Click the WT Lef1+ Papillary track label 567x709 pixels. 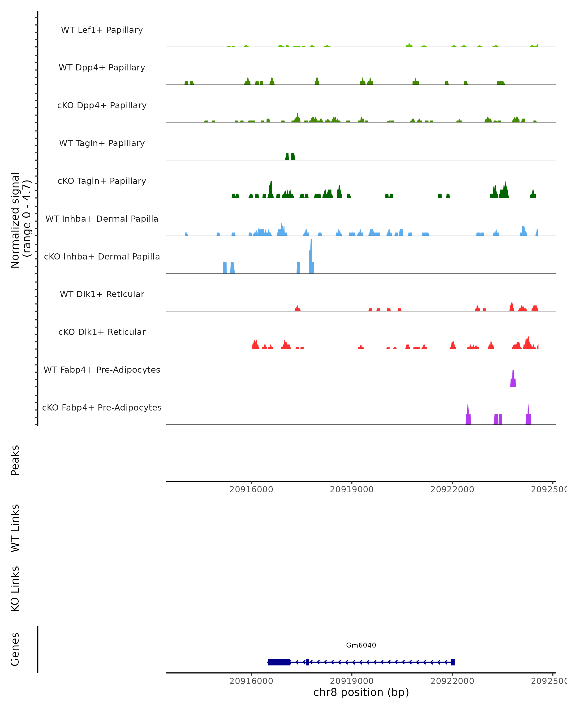102,30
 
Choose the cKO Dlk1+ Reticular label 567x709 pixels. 102,332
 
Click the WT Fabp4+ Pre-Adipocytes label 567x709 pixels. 102,370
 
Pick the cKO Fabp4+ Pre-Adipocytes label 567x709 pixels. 102,407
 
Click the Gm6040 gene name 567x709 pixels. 361,645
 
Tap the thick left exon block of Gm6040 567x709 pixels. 278,662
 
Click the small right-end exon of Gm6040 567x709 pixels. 453,662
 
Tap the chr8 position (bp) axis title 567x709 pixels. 361,692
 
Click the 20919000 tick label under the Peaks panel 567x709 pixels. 352,489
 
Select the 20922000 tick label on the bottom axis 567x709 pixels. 452,681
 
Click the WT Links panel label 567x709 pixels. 15,528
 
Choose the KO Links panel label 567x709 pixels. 15,589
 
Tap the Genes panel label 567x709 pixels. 15,649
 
